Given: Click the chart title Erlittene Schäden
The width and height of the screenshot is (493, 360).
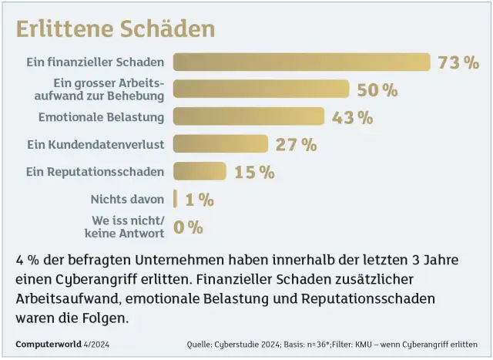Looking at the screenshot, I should (115, 29).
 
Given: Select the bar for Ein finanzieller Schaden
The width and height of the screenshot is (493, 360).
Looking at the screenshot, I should (301, 62).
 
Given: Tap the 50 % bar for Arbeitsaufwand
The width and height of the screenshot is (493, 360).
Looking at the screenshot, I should (261, 89).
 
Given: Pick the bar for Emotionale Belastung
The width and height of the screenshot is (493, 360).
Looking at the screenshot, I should (249, 116).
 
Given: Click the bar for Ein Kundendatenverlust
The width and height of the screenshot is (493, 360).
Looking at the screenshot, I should (220, 144).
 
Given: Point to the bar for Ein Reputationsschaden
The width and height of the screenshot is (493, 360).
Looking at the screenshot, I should (200, 171).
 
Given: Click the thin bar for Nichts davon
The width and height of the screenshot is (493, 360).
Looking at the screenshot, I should (175, 199).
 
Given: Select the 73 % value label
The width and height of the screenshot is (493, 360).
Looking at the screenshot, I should (458, 62).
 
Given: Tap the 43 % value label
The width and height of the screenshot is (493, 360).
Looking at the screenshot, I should (352, 117).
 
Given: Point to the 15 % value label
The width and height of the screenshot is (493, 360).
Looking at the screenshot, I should (254, 172).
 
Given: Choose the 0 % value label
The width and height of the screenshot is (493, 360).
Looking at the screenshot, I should (188, 227).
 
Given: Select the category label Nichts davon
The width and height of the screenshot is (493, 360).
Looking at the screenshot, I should (127, 199).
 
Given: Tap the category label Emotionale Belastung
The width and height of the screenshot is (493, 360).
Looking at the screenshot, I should (101, 117).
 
